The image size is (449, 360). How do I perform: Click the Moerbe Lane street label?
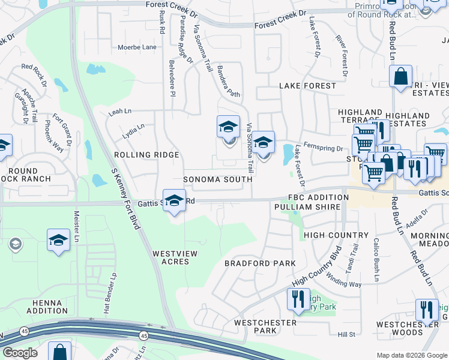click(137, 47)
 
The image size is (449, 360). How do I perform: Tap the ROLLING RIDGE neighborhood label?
click(146, 155)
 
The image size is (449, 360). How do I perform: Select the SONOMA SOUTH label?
click(217, 179)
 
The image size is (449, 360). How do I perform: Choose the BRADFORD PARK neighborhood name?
click(260, 263)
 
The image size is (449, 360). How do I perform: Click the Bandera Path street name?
click(229, 82)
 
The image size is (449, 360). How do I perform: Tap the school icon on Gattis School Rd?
click(174, 200)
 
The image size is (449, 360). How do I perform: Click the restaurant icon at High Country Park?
click(298, 298)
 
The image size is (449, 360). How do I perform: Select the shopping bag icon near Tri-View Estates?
click(400, 76)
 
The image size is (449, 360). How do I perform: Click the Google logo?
click(20, 353)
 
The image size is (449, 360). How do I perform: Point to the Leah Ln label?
click(119, 112)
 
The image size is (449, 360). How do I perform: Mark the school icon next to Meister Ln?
click(58, 240)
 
